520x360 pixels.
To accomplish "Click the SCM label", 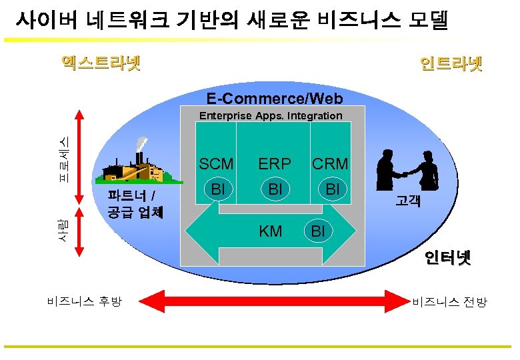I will click(216, 164).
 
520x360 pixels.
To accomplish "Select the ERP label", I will click(275, 164).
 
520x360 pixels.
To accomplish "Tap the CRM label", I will click(330, 164).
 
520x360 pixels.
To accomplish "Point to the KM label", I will click(270, 231).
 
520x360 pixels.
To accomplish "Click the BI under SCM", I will click(217, 190).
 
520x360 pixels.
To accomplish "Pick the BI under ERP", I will click(275, 190).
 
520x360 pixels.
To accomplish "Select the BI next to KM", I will click(318, 231).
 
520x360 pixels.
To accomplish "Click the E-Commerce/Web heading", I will click(275, 99).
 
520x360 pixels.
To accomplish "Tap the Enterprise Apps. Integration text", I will click(271, 116).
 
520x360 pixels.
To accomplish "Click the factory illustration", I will click(133, 163).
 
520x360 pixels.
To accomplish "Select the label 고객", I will click(407, 200).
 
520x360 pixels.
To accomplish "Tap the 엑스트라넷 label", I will click(100, 63).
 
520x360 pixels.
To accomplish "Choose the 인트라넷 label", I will click(451, 64).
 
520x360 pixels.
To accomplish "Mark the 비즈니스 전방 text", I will click(449, 302).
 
